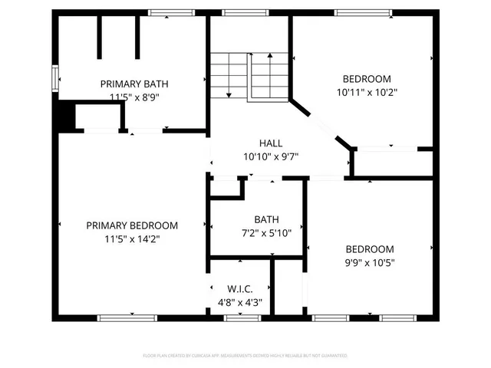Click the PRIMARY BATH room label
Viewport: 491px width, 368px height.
coord(133,84)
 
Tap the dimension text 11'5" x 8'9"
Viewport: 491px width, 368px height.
coord(133,97)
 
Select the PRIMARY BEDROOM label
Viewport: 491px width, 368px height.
coord(132,225)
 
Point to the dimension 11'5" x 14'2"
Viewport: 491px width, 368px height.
coord(132,238)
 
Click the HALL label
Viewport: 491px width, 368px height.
coord(271,143)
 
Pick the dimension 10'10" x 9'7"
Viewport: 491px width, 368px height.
coord(271,156)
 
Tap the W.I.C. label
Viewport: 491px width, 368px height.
coord(239,289)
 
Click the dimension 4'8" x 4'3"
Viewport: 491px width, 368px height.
coord(239,302)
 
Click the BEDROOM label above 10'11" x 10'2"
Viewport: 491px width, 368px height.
coord(367,79)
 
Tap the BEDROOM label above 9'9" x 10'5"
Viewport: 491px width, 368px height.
coord(369,249)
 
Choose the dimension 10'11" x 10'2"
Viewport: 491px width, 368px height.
coord(367,92)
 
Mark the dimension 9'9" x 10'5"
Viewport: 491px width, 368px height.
coord(369,262)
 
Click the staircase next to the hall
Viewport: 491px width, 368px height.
coord(250,76)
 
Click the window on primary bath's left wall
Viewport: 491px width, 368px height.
coord(55,79)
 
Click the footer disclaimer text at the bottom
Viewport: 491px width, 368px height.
coord(245,356)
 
